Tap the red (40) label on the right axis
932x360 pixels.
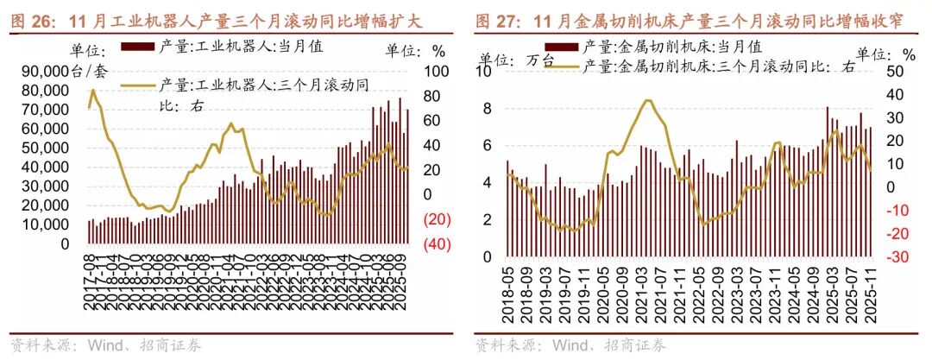pos(437,244)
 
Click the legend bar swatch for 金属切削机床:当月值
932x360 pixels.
pos(563,46)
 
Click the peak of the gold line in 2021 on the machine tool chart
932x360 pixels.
pos(647,100)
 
